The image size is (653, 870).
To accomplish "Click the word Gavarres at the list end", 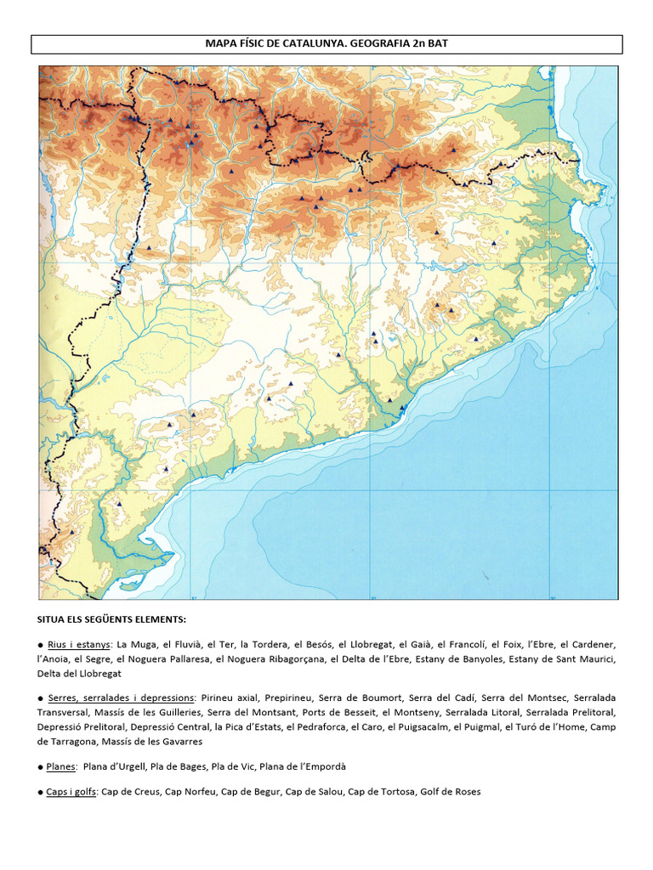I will [x=181, y=741].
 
